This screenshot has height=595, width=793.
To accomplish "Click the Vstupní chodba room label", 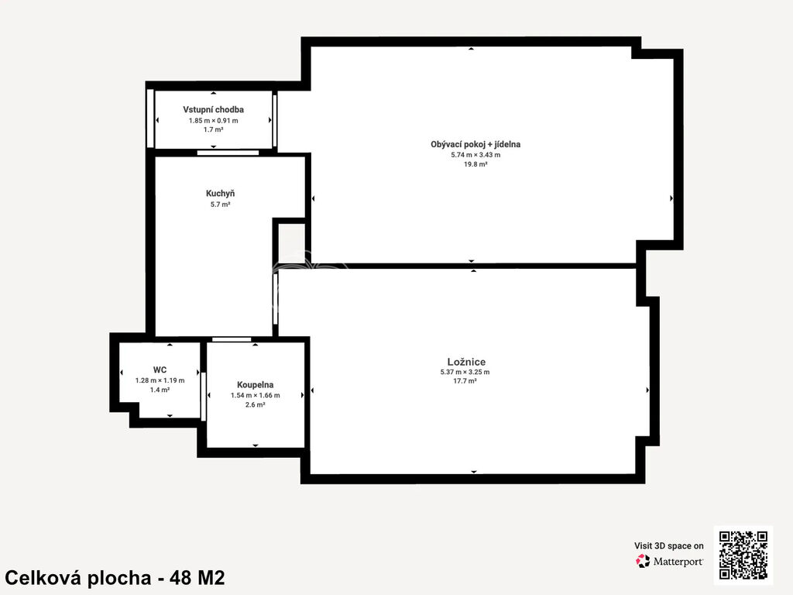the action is coord(214,109).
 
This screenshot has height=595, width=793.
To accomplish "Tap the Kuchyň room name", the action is coord(220,193).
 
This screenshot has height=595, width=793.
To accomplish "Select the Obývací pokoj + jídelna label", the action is coord(475,144).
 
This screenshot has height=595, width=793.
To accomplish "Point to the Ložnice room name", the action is coord(466,362).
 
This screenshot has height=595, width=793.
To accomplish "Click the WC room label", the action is coord(160,370).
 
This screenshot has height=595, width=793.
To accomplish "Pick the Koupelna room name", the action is coord(256,385).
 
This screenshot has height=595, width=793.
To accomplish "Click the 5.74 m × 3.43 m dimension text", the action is coord(476,155).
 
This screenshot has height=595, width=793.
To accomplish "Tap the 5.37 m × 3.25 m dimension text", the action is coord(465,372).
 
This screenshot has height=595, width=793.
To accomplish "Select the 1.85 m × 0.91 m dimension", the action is coord(214,120).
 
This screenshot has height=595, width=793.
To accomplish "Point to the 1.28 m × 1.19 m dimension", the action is coord(160,380).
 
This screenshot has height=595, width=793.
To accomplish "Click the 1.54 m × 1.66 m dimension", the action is coord(256,395).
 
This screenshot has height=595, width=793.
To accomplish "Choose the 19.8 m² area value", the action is coord(476,164).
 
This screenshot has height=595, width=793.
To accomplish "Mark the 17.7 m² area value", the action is coord(465,381).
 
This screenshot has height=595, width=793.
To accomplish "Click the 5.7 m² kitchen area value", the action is coord(221,205).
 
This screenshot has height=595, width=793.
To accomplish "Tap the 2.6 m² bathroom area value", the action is coord(256,404).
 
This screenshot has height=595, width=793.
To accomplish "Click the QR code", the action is coord(743,555).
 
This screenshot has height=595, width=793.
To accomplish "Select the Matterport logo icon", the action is coord(643,561).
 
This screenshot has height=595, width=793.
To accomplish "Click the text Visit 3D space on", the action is coord(668,546).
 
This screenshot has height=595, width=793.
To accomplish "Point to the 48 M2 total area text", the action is coord(197,577).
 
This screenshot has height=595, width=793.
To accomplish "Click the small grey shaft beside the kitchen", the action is coord(292,242).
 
